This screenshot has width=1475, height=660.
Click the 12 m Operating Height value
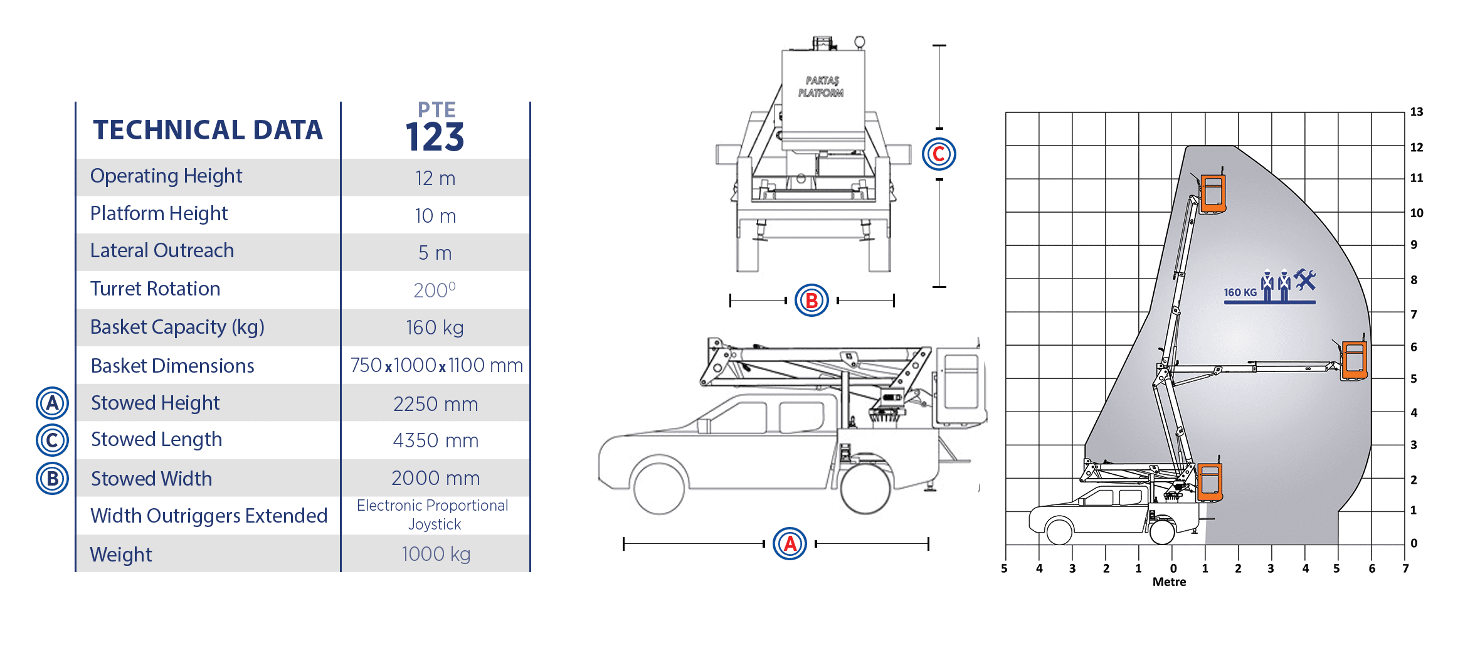[435, 178]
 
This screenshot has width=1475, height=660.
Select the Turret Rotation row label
[155, 289]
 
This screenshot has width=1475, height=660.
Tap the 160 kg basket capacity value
[435, 327]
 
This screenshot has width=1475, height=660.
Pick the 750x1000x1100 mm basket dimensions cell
[436, 365]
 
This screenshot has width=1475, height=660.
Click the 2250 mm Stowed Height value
[435, 403]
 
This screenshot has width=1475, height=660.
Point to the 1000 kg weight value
[436, 554]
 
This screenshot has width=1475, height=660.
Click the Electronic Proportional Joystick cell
[433, 515]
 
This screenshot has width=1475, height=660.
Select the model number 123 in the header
[435, 137]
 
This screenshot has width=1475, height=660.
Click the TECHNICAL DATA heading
[208, 130]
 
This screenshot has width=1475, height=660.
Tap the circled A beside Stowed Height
[52, 403]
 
